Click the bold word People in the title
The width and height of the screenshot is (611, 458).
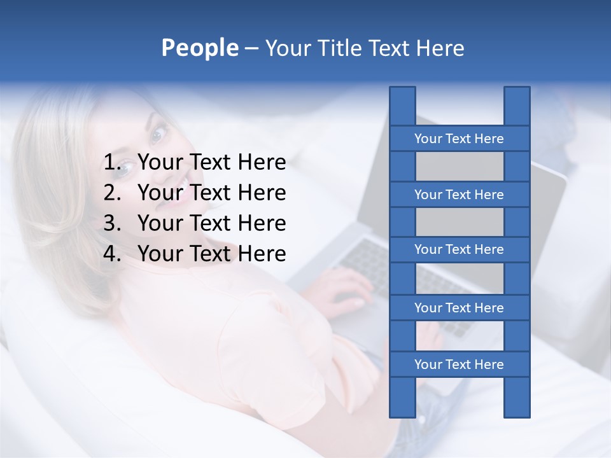click(199, 48)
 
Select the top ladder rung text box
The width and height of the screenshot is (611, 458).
click(459, 139)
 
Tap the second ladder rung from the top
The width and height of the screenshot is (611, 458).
click(459, 195)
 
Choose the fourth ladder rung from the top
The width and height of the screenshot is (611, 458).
click(459, 308)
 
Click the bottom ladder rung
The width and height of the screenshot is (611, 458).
click(459, 364)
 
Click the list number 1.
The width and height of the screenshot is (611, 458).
click(111, 163)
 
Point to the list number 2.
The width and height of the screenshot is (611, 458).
click(111, 193)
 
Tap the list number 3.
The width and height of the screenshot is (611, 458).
click(111, 223)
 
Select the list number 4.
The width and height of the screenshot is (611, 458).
click(111, 254)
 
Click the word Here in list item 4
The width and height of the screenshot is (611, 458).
click(262, 254)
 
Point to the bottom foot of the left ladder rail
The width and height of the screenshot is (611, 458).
click(402, 410)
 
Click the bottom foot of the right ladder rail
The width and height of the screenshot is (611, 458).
click(517, 410)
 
